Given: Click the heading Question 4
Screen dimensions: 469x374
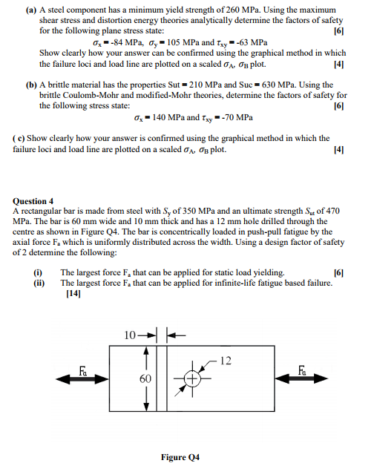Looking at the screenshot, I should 33,200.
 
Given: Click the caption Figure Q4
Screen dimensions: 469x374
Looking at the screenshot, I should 180,457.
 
